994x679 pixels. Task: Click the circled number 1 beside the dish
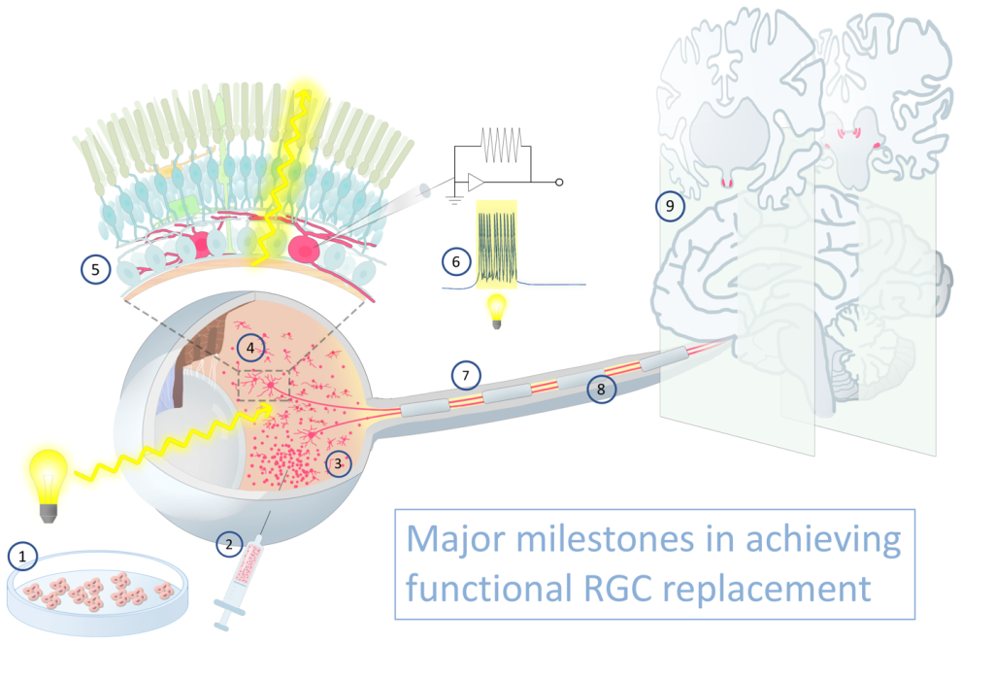point(21,556)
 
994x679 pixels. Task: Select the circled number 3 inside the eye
point(337,463)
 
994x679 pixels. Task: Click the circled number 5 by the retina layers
point(94,269)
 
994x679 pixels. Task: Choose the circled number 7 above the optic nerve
point(466,374)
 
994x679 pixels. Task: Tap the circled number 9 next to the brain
point(668,206)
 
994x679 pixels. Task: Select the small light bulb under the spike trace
point(499,309)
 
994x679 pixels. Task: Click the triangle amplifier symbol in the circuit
point(478,182)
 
